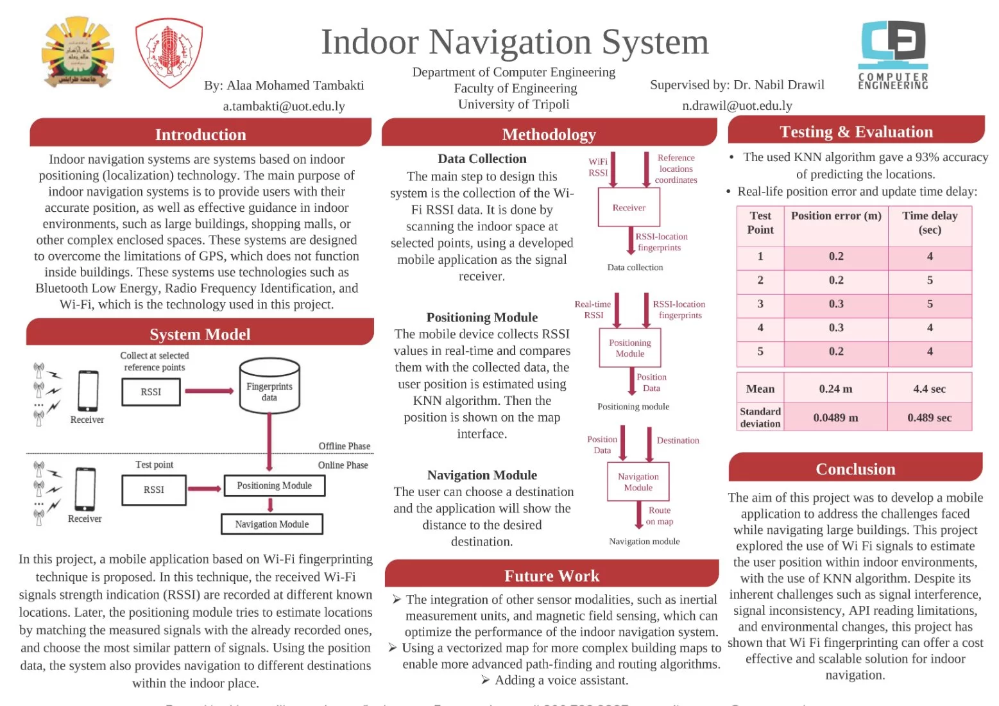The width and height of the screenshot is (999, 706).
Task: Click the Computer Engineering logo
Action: (893, 55)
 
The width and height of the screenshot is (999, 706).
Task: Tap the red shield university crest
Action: (169, 53)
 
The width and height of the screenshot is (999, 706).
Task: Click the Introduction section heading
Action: (200, 134)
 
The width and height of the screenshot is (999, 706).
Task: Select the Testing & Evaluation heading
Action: (856, 132)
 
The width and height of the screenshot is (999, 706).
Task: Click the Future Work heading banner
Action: (551, 576)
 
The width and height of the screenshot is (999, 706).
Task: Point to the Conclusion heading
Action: (855, 469)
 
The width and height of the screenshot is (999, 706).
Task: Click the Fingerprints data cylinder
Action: (269, 386)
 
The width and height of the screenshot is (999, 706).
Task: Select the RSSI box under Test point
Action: (154, 490)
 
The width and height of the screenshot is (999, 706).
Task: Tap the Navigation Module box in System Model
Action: (271, 524)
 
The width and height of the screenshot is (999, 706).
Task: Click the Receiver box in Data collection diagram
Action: (629, 207)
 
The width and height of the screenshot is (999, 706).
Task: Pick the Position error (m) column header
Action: (836, 216)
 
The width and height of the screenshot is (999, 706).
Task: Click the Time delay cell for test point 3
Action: (930, 304)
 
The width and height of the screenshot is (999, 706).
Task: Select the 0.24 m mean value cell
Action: (835, 389)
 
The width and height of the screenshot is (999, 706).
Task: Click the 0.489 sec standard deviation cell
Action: (929, 418)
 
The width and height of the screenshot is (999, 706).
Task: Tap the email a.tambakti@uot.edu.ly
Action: (284, 106)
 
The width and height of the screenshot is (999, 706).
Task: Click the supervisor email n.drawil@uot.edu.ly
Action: (737, 106)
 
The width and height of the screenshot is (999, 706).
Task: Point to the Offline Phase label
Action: (344, 446)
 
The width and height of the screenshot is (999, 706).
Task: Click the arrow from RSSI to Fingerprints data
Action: (209, 391)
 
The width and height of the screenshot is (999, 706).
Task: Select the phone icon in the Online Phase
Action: (85, 489)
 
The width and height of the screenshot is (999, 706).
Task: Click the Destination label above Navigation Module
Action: (678, 440)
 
